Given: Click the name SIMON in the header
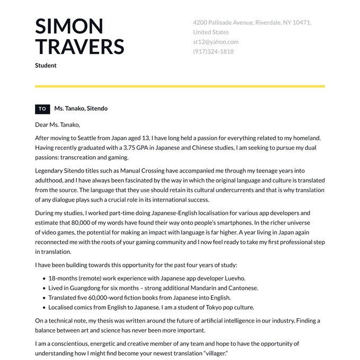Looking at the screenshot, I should coord(69,26).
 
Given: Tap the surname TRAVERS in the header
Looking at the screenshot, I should coord(79,47).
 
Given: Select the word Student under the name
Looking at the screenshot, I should coord(46,66).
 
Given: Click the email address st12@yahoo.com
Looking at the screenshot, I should coord(215,42).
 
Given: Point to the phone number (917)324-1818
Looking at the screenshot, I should coord(213,51).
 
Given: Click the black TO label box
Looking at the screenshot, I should coord(42,109).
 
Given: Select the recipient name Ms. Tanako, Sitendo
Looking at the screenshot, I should coord(80,109).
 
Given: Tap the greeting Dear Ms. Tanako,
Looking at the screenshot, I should coord(57,125).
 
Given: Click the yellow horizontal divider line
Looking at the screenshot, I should coord(180,86).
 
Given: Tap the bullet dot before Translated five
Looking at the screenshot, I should coord(43,298).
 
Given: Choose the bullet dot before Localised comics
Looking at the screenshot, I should coord(43,308).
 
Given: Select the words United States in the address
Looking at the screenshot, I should coord(211,32).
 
